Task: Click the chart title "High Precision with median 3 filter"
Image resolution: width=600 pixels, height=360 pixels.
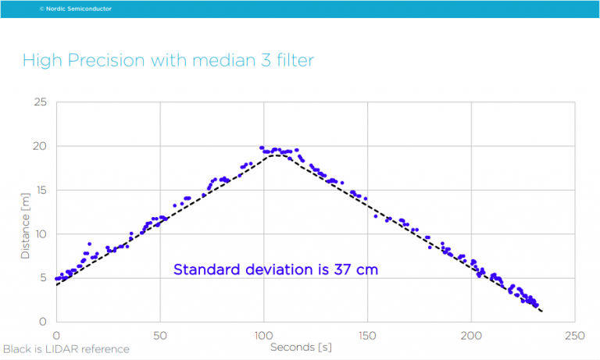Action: [168, 60]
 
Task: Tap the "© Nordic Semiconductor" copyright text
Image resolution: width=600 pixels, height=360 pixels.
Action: [75, 9]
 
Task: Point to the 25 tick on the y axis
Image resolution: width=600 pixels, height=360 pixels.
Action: [40, 102]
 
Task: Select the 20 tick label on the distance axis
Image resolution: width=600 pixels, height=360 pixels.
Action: [40, 146]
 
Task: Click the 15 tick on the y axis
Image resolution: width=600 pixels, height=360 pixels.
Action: [40, 190]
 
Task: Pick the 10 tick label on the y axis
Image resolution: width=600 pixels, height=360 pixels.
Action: [40, 233]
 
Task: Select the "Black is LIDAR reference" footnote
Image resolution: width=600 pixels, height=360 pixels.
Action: [66, 348]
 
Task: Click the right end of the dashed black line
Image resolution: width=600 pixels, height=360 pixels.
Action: [541, 312]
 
